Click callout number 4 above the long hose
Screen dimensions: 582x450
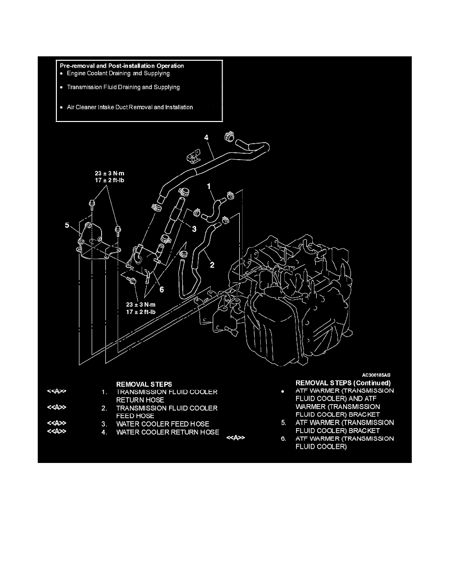[x=206, y=138]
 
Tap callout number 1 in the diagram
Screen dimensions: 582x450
[x=209, y=186]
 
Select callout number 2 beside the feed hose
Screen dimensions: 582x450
[x=212, y=265]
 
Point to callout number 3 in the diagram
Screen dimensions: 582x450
[x=194, y=229]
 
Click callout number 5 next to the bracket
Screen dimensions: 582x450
[x=67, y=226]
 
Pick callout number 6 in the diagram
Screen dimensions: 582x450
[x=161, y=289]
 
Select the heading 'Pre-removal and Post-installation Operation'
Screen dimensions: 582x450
[x=122, y=65]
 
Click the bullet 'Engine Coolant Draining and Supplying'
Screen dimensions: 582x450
[x=118, y=73]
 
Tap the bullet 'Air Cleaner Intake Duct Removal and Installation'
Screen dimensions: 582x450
[x=129, y=107]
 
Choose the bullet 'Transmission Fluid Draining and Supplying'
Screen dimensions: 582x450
[x=123, y=87]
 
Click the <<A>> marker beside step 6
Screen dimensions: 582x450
[x=235, y=438]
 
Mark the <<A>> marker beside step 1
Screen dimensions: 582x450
[x=56, y=391]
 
